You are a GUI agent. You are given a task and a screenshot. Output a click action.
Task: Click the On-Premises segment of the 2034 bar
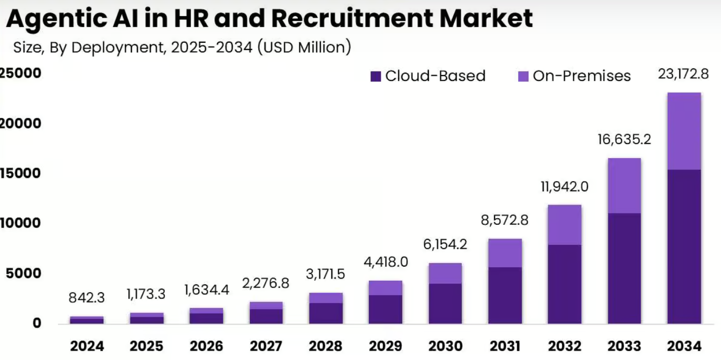(x=683, y=131)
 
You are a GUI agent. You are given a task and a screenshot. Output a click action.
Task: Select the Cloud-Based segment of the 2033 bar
(x=624, y=268)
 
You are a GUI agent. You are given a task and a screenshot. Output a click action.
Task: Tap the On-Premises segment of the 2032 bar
(x=564, y=225)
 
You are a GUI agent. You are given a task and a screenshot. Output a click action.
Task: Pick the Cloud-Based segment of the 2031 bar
(x=505, y=295)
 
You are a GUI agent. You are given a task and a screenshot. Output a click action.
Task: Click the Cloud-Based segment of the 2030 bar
(x=445, y=304)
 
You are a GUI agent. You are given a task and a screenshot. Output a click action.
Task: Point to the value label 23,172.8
(x=683, y=74)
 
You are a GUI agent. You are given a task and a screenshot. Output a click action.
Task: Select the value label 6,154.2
(x=445, y=245)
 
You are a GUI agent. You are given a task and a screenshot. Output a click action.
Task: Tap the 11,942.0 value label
(x=564, y=186)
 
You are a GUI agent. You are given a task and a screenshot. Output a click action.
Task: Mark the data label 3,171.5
(x=326, y=274)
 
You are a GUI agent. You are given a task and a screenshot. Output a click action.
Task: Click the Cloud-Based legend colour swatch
(x=376, y=76)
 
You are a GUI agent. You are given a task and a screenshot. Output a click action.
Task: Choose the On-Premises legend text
(x=582, y=76)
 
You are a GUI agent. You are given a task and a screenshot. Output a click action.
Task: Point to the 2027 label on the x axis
(x=266, y=346)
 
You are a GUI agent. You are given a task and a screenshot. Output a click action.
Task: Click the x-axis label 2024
(x=87, y=346)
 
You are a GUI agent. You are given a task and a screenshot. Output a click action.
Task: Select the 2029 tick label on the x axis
(x=386, y=346)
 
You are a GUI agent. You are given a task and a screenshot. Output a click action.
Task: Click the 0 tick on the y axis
(x=37, y=323)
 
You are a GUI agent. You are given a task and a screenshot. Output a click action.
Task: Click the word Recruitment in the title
(x=344, y=19)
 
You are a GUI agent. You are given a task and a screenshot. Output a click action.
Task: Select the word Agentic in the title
(x=57, y=19)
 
